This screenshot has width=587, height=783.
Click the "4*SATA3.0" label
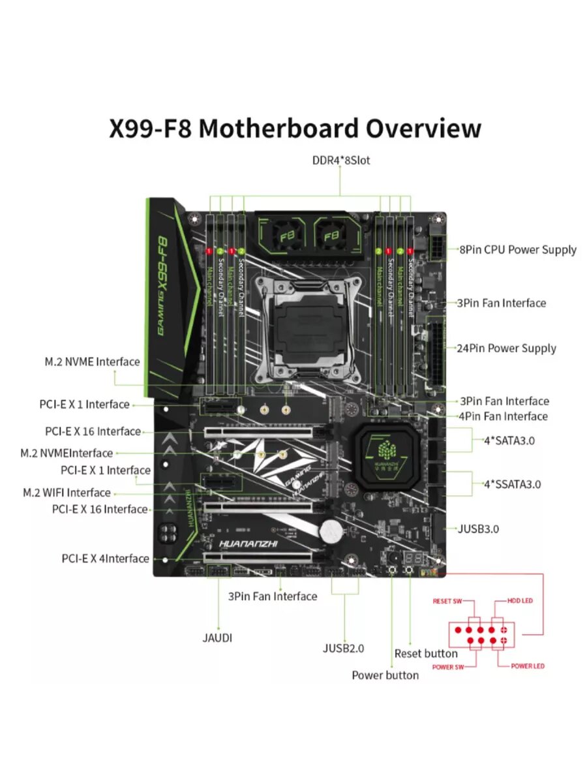(x=509, y=440)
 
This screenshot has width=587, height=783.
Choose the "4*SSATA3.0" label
(x=512, y=484)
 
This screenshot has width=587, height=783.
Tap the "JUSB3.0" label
(x=479, y=529)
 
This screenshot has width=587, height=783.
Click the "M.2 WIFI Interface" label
(x=67, y=493)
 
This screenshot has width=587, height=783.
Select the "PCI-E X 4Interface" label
(x=106, y=559)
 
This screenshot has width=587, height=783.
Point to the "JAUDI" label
(x=217, y=637)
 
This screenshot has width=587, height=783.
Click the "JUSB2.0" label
(x=344, y=648)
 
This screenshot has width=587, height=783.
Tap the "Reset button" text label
(x=426, y=653)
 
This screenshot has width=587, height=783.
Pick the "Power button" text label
(x=385, y=675)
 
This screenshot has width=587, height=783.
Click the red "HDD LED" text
(x=520, y=600)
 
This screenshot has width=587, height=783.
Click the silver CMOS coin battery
(x=332, y=530)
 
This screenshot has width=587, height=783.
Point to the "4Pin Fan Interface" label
(x=504, y=416)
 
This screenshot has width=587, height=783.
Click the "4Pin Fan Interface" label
(x=504, y=416)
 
